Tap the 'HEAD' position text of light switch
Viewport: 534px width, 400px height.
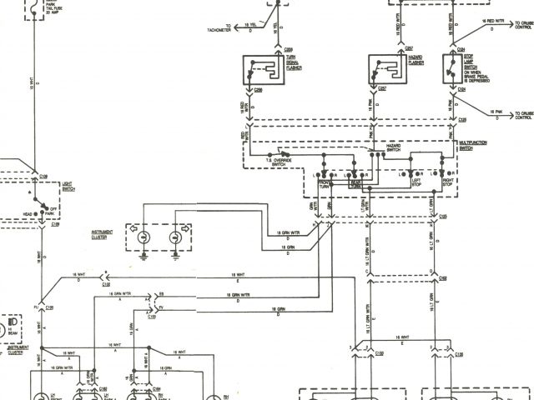coord(27,214)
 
